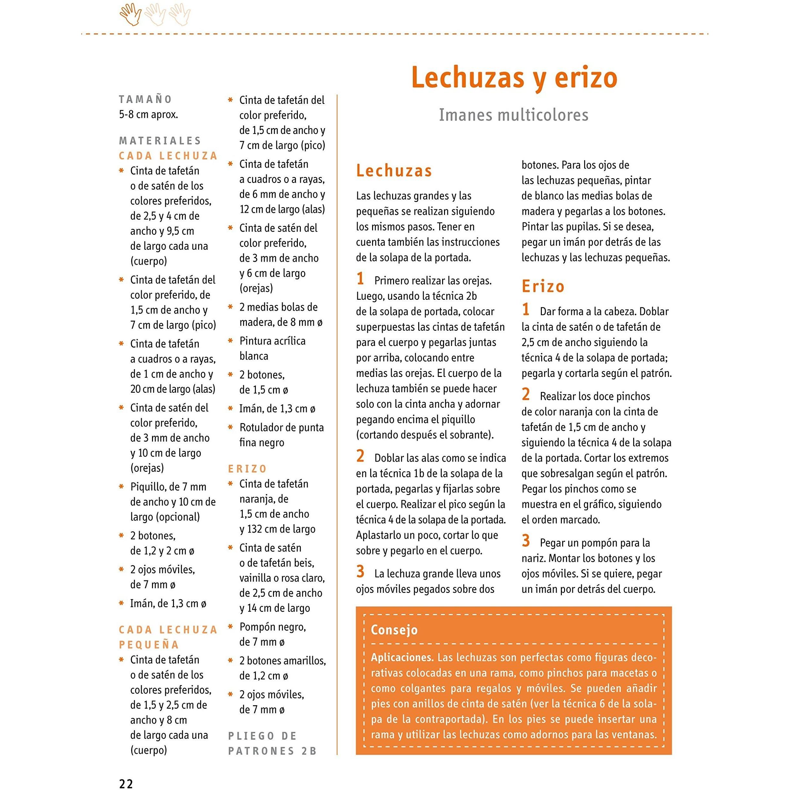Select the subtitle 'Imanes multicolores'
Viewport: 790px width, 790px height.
pyautogui.click(x=513, y=115)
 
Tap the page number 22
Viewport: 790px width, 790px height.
pyautogui.click(x=126, y=784)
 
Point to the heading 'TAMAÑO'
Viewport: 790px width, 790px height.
pyautogui.click(x=145, y=99)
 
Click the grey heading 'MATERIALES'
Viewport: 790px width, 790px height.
pyautogui.click(x=160, y=141)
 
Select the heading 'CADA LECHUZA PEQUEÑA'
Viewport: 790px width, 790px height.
pyautogui.click(x=168, y=637)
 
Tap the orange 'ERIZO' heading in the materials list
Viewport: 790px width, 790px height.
pyautogui.click(x=247, y=469)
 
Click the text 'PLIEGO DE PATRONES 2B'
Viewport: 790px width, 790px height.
pyautogui.click(x=272, y=744)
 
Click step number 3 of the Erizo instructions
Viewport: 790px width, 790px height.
pyautogui.click(x=526, y=541)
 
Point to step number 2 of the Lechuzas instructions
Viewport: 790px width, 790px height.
pyautogui.click(x=360, y=456)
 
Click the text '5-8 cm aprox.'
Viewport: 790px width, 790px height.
pyautogui.click(x=148, y=115)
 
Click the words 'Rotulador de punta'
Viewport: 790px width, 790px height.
pyautogui.click(x=281, y=427)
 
